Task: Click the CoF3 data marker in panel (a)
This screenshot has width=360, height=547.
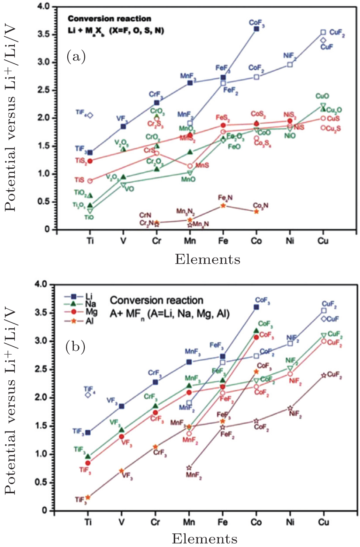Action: point(256,28)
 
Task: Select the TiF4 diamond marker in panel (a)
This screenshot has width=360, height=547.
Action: point(90,115)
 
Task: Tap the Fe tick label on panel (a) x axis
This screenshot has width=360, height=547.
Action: point(223,241)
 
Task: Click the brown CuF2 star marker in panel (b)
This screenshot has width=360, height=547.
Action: point(323,376)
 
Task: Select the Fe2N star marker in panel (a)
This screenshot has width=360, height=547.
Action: point(223,205)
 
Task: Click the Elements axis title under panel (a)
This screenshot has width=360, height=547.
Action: point(208,259)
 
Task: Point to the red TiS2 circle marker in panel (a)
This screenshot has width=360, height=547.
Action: point(90,161)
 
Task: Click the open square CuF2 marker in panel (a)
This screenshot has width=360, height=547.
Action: point(323,32)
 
